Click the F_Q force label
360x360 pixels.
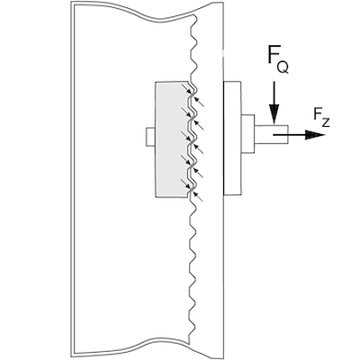click(276, 59)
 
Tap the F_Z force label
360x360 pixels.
click(320, 114)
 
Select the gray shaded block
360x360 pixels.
click(171, 139)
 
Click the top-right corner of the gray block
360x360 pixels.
click(192, 82)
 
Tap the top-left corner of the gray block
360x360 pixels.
click(157, 82)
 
